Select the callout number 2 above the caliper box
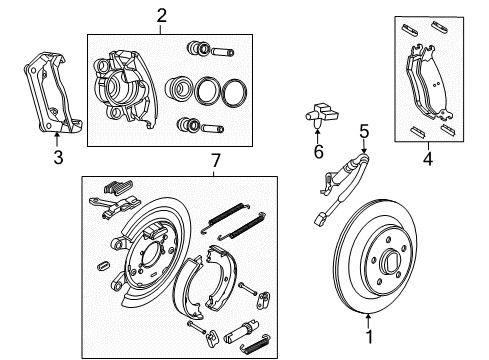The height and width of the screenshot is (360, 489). tap(160, 14)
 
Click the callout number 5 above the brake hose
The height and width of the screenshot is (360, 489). tap(364, 130)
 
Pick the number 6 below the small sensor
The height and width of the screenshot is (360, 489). tap(319, 152)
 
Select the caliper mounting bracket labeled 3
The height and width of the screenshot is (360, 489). tap(45, 95)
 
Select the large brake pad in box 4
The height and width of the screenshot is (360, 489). tap(431, 85)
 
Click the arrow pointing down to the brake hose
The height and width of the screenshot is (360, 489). tap(364, 144)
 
